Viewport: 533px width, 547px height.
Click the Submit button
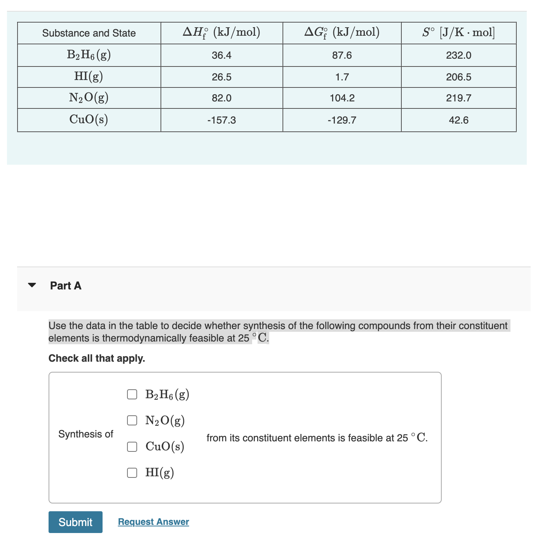click(x=75, y=522)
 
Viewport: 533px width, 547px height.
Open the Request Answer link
click(x=153, y=522)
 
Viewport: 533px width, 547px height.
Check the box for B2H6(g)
click(x=132, y=394)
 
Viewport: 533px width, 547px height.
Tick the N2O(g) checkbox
click(x=132, y=420)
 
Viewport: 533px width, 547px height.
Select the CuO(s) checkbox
click(x=132, y=447)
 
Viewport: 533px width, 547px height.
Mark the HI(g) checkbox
click(x=132, y=472)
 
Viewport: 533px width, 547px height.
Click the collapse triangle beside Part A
click(x=32, y=285)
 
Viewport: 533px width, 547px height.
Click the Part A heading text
click(x=66, y=286)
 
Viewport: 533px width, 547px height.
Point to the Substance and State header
click(x=89, y=33)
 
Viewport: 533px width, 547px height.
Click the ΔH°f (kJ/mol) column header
click(x=221, y=33)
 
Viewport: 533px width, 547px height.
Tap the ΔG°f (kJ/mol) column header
click(x=342, y=33)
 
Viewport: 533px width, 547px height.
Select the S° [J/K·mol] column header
click(x=458, y=33)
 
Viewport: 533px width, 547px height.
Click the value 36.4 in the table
click(x=221, y=56)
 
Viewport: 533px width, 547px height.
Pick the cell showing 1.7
click(x=342, y=77)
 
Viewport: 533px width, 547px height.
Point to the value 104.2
click(x=342, y=98)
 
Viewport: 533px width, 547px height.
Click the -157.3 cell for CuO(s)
click(x=221, y=120)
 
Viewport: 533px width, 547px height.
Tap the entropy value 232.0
click(x=458, y=56)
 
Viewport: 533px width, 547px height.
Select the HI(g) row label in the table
click(x=89, y=77)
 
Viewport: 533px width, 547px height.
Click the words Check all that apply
click(x=97, y=358)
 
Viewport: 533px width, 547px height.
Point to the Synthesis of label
click(x=86, y=434)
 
